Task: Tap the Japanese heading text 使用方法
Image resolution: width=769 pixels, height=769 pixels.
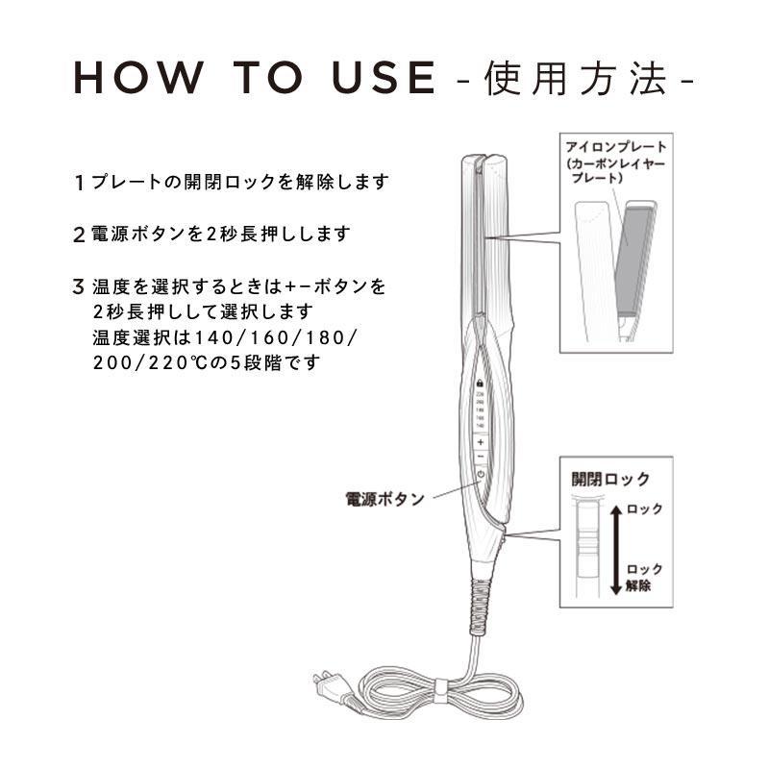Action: [x=576, y=79]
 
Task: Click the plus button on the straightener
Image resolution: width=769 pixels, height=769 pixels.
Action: [x=479, y=441]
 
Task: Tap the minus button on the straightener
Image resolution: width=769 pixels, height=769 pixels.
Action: [x=479, y=457]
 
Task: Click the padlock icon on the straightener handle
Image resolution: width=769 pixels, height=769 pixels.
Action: [x=479, y=383]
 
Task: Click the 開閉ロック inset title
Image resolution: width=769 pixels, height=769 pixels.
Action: [x=610, y=479]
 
